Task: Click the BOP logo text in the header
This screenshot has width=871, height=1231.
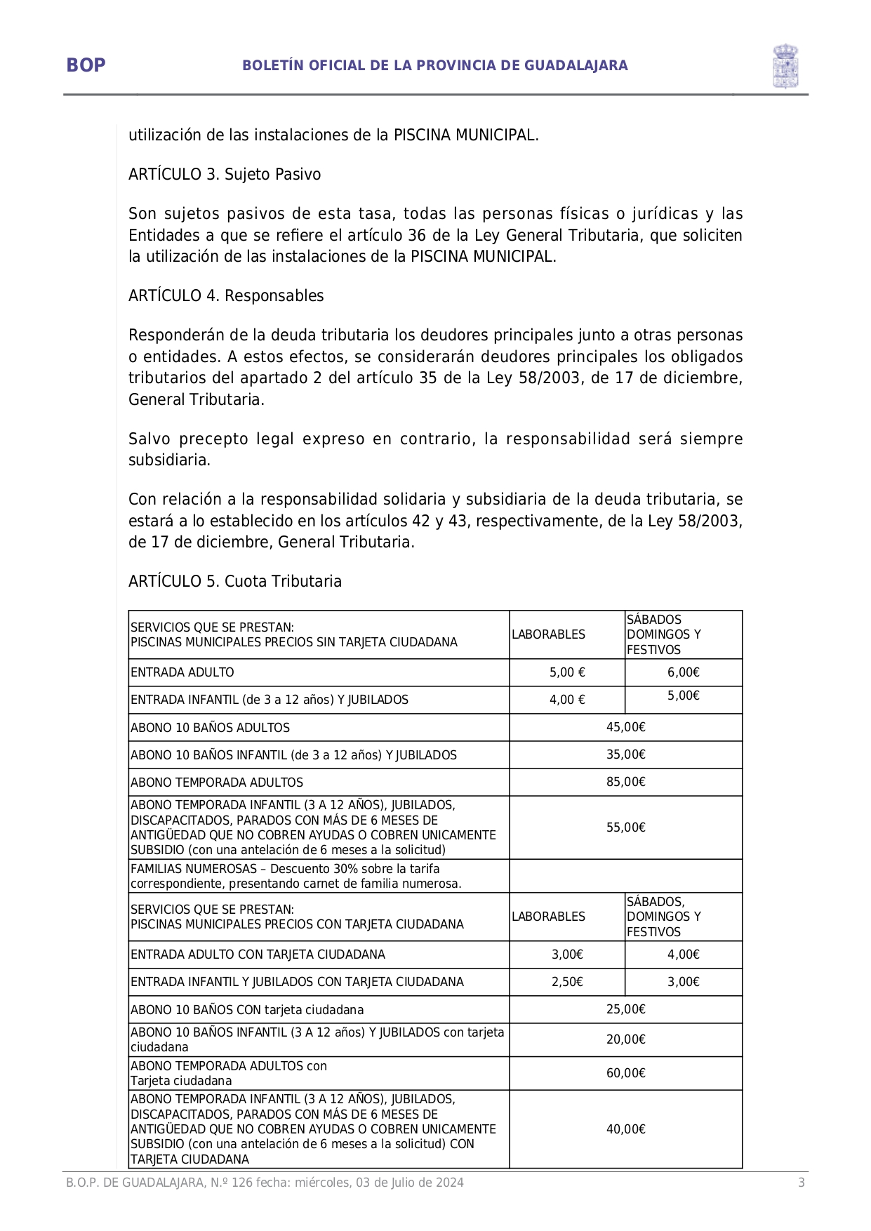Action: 86,65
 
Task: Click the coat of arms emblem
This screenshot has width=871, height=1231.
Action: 785,66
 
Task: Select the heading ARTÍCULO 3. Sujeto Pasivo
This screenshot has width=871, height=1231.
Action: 225,174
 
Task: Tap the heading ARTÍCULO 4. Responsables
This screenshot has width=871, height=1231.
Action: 226,295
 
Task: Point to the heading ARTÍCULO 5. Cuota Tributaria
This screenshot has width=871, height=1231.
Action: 235,581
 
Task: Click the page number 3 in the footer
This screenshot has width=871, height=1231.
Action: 801,1183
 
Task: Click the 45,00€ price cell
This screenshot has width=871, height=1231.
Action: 625,727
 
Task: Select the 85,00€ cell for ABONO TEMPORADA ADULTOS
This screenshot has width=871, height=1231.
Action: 625,782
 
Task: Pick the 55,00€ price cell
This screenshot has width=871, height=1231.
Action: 625,827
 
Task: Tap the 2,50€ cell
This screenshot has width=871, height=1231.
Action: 567,982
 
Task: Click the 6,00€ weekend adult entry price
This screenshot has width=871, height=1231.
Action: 683,672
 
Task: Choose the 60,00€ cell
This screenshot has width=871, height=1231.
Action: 625,1073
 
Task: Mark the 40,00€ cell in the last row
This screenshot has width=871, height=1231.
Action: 625,1129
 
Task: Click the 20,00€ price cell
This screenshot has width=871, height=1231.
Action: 625,1039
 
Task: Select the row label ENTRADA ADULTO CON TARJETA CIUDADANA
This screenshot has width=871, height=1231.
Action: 258,954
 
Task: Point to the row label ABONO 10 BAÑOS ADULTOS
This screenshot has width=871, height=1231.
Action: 210,728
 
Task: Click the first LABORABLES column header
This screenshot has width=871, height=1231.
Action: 548,634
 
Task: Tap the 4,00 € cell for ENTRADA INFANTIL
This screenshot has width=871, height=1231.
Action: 567,700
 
